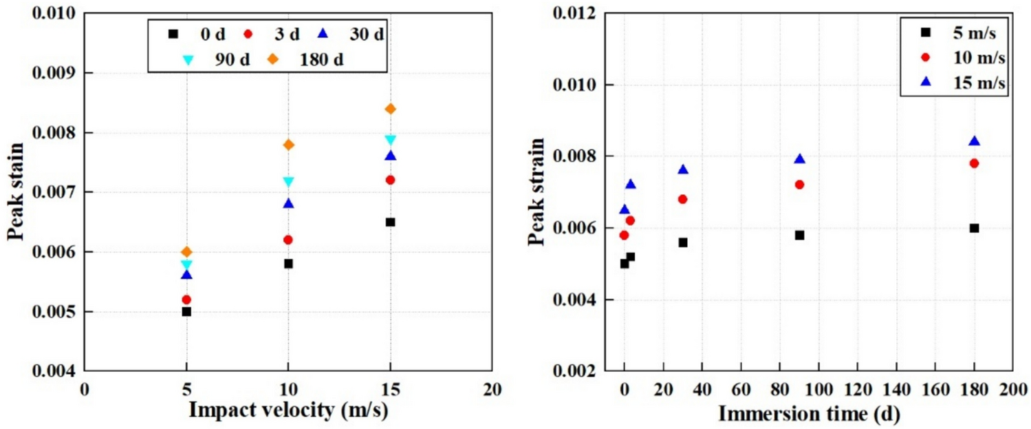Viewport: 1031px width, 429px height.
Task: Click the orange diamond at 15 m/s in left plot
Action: click(x=391, y=109)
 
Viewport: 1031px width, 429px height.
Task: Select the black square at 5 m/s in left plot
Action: click(x=186, y=311)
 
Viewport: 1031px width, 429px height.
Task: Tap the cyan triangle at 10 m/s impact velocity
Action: click(x=289, y=182)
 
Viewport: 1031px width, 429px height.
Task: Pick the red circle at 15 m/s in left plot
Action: click(x=391, y=180)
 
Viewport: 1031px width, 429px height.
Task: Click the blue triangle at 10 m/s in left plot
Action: click(x=289, y=203)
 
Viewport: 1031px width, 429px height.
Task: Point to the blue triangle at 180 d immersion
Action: click(x=974, y=141)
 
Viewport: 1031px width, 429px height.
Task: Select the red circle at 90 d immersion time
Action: click(x=799, y=185)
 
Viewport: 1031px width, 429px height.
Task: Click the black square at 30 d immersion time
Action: click(x=683, y=242)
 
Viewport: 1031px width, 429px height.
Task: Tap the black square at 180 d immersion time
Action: click(x=974, y=228)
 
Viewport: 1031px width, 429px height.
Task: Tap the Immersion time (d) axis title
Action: click(x=809, y=414)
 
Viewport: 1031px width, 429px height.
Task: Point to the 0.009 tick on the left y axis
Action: click(x=60, y=72)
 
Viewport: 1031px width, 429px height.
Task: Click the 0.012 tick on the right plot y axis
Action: click(x=579, y=13)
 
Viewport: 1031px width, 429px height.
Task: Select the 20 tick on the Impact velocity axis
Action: click(x=492, y=388)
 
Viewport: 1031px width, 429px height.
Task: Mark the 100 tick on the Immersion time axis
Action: click(x=818, y=388)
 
